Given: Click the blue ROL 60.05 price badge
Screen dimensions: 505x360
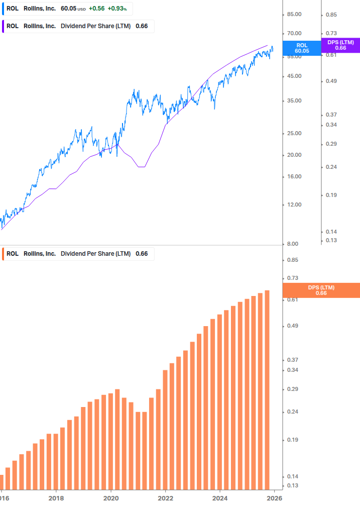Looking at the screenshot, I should point(301,48).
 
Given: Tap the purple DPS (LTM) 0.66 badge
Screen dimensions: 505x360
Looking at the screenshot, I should point(340,45).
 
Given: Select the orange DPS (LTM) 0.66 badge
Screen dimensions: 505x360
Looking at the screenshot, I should point(321,290).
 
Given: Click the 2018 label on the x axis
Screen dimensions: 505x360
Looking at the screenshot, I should point(56,498).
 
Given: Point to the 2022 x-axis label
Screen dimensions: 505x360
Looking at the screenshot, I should point(165,498).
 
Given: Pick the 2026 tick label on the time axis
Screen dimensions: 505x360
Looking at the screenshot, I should point(273,498).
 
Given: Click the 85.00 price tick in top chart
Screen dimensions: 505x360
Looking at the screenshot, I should point(294,14).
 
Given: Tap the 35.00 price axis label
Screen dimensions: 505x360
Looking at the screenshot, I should point(294,100).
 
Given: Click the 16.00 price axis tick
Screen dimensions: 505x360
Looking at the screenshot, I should point(294,176).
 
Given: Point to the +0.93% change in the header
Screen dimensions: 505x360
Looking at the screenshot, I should point(117,9).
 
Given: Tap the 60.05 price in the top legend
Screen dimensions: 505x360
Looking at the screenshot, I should point(68,9).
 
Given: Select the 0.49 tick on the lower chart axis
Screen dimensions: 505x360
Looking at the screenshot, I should point(292,326).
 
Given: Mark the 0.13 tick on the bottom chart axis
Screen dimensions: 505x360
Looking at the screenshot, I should point(292,485).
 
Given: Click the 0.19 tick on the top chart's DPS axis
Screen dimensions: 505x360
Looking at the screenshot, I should point(331,195).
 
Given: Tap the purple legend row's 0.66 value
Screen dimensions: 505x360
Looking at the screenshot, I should point(142,26).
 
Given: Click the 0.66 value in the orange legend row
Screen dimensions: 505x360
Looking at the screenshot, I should point(142,254).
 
